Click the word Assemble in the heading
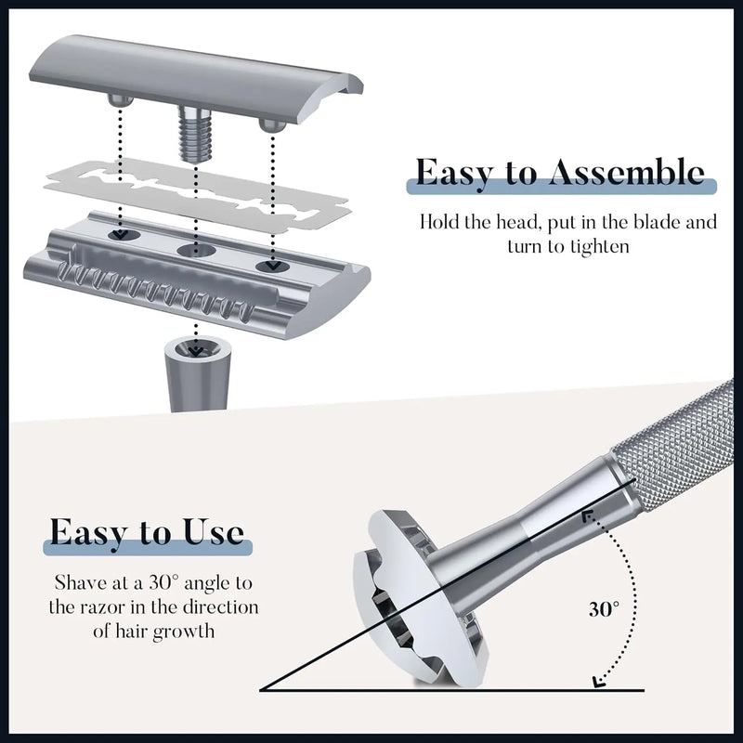(623, 173)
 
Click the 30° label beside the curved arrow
(603, 610)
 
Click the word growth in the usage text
(189, 632)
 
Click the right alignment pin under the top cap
(270, 124)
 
